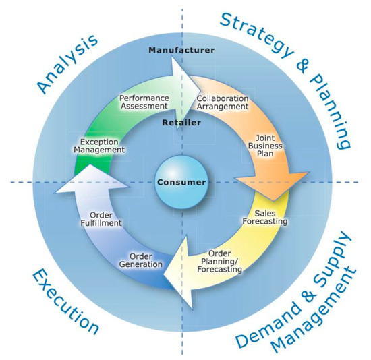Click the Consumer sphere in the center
(180, 183)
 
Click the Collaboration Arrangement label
(222, 103)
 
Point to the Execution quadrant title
(65, 302)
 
